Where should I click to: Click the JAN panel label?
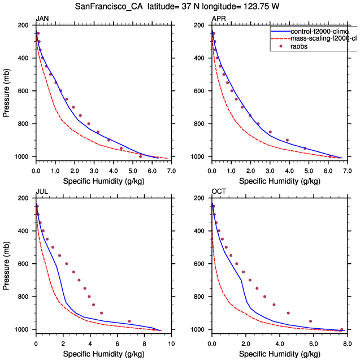(42, 19)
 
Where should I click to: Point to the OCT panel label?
(218, 192)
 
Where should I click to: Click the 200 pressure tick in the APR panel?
(200, 25)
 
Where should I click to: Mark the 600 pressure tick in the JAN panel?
(24, 91)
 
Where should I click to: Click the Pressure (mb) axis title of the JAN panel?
(6, 91)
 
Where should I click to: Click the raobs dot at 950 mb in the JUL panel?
(129, 321)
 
